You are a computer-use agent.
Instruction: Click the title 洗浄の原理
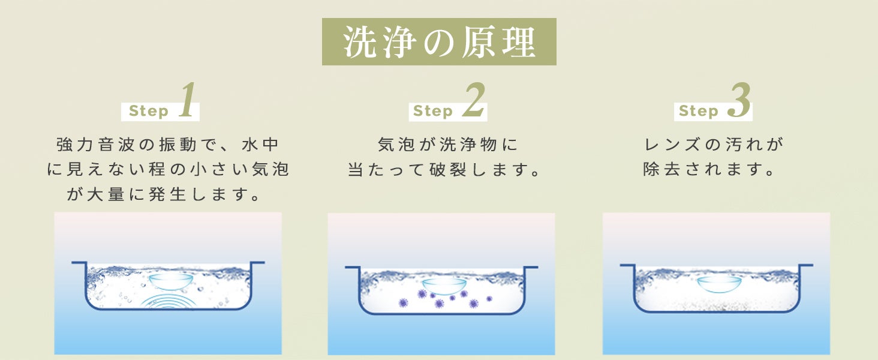tap(439, 42)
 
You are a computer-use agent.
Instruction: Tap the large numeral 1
tap(188, 100)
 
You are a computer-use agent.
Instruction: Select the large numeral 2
tap(474, 100)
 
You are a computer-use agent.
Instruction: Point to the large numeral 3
tap(739, 100)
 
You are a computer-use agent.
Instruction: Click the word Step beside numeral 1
tap(149, 111)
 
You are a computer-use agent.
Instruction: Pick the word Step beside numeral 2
tap(433, 111)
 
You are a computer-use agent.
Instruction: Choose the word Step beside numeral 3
tap(699, 111)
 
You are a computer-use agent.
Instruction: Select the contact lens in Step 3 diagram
tap(719, 284)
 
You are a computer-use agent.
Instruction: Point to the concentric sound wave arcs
tap(169, 300)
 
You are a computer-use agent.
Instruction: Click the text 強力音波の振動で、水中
tap(168, 145)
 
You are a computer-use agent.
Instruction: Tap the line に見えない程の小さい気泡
tap(168, 169)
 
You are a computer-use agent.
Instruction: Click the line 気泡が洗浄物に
tap(447, 145)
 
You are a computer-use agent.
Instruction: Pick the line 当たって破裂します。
tap(444, 169)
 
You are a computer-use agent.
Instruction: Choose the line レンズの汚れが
tap(714, 145)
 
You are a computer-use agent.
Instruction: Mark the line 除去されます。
tap(709, 169)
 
